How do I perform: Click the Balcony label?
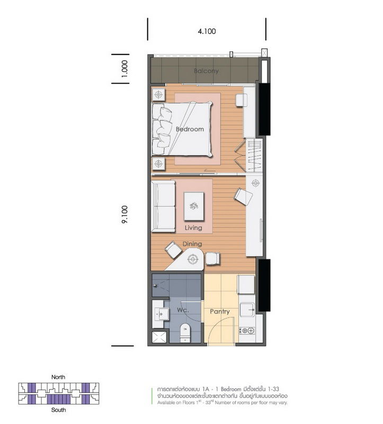[x=206, y=71]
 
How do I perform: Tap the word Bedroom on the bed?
[x=190, y=129]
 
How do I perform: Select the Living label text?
[x=193, y=228]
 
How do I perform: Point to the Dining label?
[x=192, y=244]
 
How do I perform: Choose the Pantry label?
[x=219, y=312]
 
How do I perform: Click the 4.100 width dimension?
[x=207, y=31]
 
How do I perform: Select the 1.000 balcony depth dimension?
[x=125, y=69]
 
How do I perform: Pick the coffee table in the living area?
[x=194, y=206]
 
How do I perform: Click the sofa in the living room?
[x=163, y=206]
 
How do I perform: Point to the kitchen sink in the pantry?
[x=247, y=309]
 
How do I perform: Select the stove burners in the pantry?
[x=247, y=331]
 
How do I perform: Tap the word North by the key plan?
[x=58, y=377]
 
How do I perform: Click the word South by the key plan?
[x=58, y=410]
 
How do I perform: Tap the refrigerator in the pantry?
[x=246, y=285]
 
